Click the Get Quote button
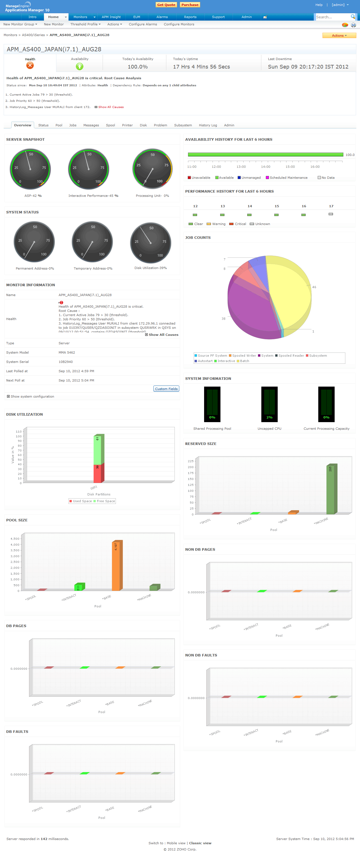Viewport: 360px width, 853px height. click(x=166, y=5)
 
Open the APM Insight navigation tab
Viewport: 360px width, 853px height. click(x=111, y=17)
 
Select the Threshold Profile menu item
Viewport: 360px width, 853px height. click(x=85, y=24)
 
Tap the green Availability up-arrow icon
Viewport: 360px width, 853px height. click(x=79, y=66)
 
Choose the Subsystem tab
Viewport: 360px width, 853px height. click(x=183, y=125)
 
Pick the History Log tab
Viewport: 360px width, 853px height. click(x=208, y=125)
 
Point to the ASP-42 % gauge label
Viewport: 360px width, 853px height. click(x=33, y=196)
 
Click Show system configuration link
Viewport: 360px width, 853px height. click(x=32, y=396)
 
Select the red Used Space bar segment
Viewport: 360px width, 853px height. click(x=98, y=473)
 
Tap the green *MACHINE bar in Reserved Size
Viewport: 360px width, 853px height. click(x=331, y=488)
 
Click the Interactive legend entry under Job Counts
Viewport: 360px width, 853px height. click(x=226, y=361)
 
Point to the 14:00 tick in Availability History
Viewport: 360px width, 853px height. click(x=265, y=167)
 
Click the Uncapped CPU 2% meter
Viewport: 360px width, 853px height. click(x=269, y=404)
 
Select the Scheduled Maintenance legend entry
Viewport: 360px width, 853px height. click(x=286, y=177)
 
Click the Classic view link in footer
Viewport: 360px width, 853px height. click(x=200, y=843)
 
